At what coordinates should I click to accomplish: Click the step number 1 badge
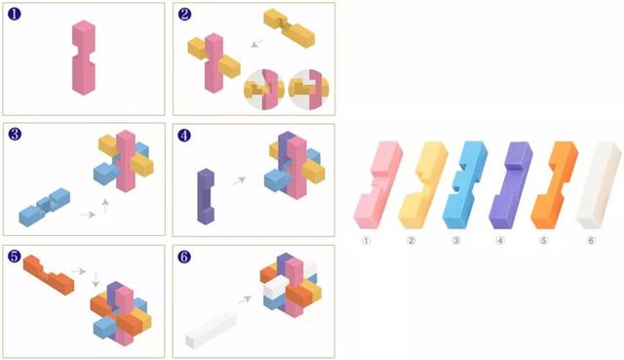coord(15,14)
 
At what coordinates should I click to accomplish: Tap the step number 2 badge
coord(184,14)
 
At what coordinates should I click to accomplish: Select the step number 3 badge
coord(15,135)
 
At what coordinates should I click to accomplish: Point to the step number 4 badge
coord(184,136)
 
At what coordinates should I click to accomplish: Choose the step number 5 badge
coord(15,257)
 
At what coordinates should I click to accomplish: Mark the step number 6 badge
coord(184,257)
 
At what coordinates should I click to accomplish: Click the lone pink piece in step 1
coord(84,58)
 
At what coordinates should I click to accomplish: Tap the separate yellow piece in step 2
coord(290,28)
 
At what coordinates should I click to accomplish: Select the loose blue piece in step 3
coord(45,207)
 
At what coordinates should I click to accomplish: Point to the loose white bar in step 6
coord(211,329)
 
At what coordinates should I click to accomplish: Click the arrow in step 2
coord(257,43)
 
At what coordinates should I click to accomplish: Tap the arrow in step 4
coord(239,180)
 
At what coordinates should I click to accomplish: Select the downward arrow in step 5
coord(96,280)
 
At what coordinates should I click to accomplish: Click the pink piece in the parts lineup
coord(378,184)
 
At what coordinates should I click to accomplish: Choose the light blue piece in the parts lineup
coord(465,184)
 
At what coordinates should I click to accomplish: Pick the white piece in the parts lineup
coord(599,184)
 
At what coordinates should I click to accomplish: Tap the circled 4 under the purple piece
coord(500,240)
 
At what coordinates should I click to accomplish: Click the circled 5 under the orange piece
coord(544,240)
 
